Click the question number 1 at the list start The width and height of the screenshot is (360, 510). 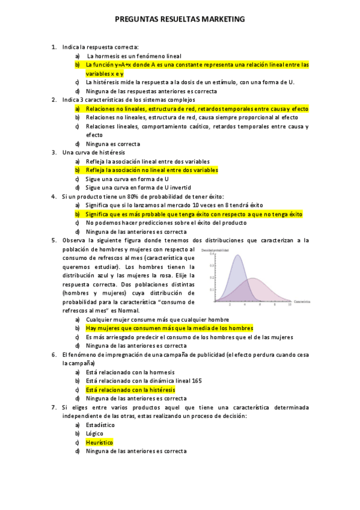click(x=53, y=46)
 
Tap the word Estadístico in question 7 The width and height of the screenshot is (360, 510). click(x=100, y=425)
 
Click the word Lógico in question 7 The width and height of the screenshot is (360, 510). click(x=94, y=434)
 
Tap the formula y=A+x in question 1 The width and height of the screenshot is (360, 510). click(x=123, y=64)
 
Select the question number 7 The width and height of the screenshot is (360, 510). click(x=53, y=407)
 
